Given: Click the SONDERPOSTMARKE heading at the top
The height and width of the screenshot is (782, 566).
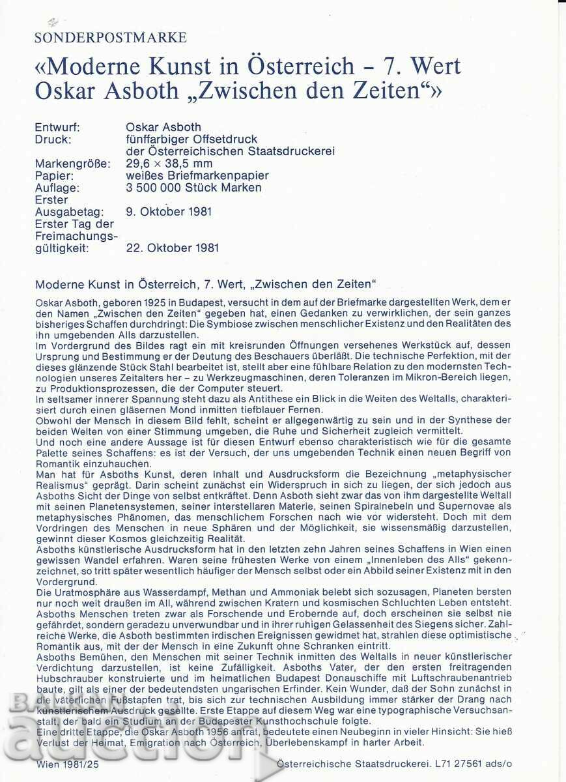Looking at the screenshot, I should click(110, 38).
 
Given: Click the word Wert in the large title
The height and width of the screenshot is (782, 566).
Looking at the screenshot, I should click(432, 66).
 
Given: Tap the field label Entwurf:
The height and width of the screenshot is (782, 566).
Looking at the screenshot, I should click(57, 127).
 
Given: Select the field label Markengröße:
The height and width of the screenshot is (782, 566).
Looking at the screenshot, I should click(73, 164).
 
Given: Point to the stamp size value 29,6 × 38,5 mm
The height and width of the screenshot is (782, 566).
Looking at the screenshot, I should click(169, 164).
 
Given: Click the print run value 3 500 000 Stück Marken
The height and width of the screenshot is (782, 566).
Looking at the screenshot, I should click(193, 188).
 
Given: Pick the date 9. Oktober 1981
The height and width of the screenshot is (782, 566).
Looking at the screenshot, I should click(169, 212).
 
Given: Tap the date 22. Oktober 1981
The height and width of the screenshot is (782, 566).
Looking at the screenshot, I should click(172, 248).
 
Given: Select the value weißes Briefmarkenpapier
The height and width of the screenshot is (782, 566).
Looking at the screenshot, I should click(197, 176).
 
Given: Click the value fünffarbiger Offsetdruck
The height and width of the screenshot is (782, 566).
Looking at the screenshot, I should click(191, 139).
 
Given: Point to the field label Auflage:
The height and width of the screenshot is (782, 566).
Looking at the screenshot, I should click(57, 188).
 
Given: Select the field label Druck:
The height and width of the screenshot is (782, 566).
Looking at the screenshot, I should click(53, 139).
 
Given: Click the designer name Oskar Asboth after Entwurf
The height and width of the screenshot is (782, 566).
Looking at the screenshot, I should click(163, 127).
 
